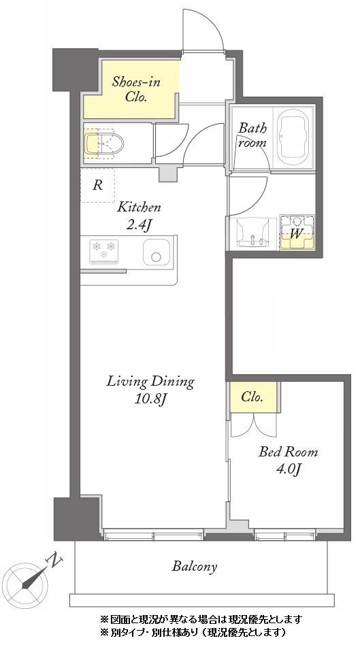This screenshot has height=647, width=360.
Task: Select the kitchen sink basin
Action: point(156,252)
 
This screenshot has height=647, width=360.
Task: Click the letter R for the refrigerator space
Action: point(97,185)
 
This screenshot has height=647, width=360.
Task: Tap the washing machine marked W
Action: point(297,232)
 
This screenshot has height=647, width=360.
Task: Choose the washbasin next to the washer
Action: point(252,233)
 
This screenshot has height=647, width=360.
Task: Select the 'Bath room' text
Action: point(252,135)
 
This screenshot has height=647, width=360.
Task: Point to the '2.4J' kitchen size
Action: point(138,225)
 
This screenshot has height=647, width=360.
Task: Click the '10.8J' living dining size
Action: point(150,399)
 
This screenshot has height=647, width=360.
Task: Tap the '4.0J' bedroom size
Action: point(288,469)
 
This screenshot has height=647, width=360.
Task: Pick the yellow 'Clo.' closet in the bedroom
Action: point(253,397)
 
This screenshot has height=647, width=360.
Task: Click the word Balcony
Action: point(195,567)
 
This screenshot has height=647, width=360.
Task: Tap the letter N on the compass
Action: point(55,560)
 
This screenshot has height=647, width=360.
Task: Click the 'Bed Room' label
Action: point(288,452)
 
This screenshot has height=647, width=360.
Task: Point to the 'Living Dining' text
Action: point(150,382)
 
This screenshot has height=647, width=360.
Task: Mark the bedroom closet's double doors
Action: point(253,424)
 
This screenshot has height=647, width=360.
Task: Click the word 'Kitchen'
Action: point(139,207)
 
